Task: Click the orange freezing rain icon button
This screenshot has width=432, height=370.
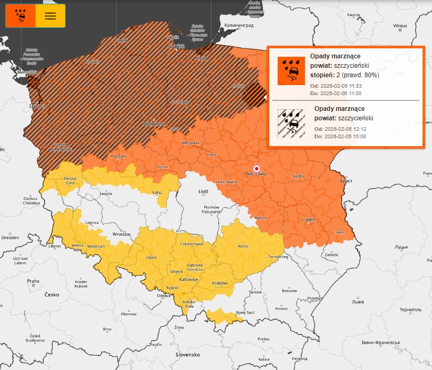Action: [20, 16]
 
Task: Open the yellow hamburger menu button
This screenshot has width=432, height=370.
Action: [50, 16]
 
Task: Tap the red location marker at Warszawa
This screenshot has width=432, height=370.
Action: [256, 168]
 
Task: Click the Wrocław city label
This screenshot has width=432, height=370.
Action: [122, 233]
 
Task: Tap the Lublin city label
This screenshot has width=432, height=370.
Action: [308, 220]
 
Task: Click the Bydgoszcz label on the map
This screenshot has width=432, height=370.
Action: [154, 124]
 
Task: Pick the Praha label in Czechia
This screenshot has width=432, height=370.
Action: [33, 281]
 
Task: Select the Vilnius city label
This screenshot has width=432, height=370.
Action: [400, 25]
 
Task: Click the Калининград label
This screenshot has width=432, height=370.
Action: [239, 25]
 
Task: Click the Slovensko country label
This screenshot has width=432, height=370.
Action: [187, 354]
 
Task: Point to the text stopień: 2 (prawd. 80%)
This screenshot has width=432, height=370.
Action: [344, 75]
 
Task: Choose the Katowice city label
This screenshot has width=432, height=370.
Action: [188, 280]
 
